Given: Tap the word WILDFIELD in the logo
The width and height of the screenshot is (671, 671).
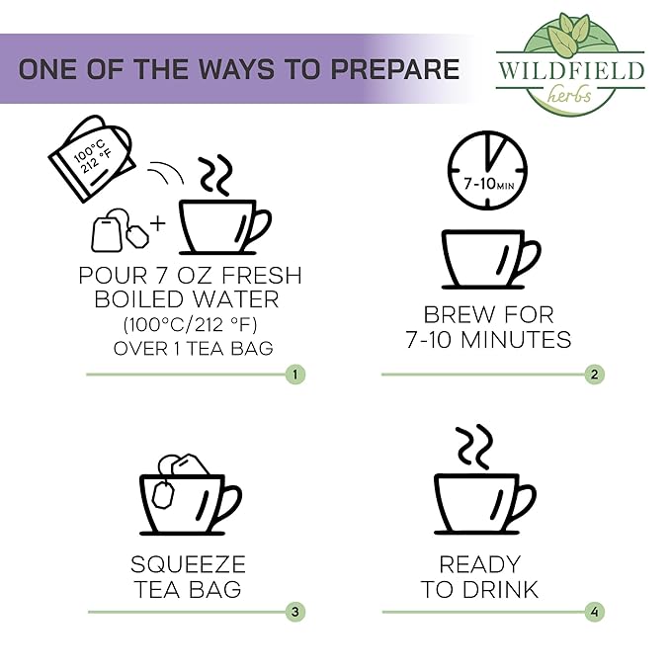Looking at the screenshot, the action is point(571,70).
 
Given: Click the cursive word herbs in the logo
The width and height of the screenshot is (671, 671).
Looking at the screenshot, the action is point(569,95).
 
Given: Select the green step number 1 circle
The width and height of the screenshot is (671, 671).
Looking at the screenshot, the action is point(295,375).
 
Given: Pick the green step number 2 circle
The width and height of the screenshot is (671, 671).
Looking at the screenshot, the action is point(594,375).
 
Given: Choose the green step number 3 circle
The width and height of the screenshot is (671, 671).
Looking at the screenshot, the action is point(295,612).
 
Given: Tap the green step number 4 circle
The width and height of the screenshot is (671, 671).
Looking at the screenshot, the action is point(594,612).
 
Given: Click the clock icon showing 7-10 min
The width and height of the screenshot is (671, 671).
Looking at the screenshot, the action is point(487,170).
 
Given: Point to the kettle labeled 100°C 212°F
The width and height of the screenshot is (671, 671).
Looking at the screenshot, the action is point(91,158).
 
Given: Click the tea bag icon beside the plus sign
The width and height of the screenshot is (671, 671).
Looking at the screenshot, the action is point(120,230).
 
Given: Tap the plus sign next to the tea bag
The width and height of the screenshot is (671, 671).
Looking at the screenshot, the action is point(158,223).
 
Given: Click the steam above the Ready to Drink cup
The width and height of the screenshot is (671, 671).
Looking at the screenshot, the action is point(474,447).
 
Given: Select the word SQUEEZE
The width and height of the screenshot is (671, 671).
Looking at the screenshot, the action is point(189,564).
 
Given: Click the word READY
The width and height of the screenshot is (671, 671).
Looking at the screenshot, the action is point(480,564).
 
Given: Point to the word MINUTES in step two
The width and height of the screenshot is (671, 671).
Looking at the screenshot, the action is point(516,340).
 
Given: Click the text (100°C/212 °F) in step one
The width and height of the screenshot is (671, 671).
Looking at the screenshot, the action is point(191,325).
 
